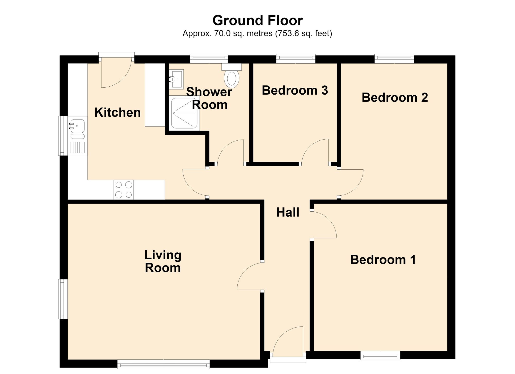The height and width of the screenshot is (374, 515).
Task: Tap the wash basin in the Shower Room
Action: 176,79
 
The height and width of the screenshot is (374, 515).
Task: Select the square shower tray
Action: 184,113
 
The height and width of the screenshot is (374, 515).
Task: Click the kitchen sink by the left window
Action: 77,136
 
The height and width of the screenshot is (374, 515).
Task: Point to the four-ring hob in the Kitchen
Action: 124,190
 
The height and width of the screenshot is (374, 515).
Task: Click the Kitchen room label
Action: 118,113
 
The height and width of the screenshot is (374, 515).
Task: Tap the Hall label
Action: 288,213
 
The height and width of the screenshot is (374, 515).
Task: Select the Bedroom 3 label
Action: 295,90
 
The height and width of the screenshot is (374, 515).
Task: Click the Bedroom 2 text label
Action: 395,98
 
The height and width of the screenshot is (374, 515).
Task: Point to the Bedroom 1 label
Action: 383,260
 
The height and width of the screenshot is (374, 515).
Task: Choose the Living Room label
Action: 163,261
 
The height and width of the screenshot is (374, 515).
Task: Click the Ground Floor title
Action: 257,21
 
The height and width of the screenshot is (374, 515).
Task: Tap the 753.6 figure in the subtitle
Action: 286,33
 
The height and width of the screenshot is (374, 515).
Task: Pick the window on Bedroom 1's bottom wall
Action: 380,356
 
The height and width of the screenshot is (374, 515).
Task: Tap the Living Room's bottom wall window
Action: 164,364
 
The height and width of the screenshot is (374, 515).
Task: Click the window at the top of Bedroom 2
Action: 394,59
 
